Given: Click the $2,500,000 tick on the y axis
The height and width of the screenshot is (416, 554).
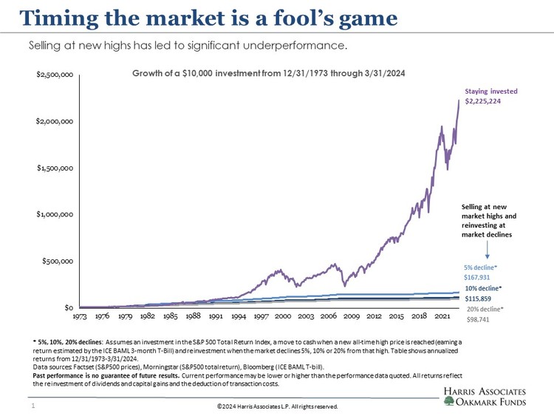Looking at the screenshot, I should [55, 75].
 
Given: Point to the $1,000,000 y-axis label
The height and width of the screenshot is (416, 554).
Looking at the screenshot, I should [55, 214].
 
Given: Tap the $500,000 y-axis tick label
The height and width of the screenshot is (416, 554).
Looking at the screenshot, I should [58, 261].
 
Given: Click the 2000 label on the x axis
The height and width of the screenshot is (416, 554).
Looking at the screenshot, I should [284, 316].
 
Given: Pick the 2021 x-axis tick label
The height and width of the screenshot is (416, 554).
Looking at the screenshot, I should [441, 316].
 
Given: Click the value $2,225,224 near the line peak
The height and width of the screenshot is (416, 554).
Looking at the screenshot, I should [483, 100].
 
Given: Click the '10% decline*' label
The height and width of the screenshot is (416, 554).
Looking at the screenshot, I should [483, 287].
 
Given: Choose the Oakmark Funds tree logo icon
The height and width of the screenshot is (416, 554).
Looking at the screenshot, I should [450, 400].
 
